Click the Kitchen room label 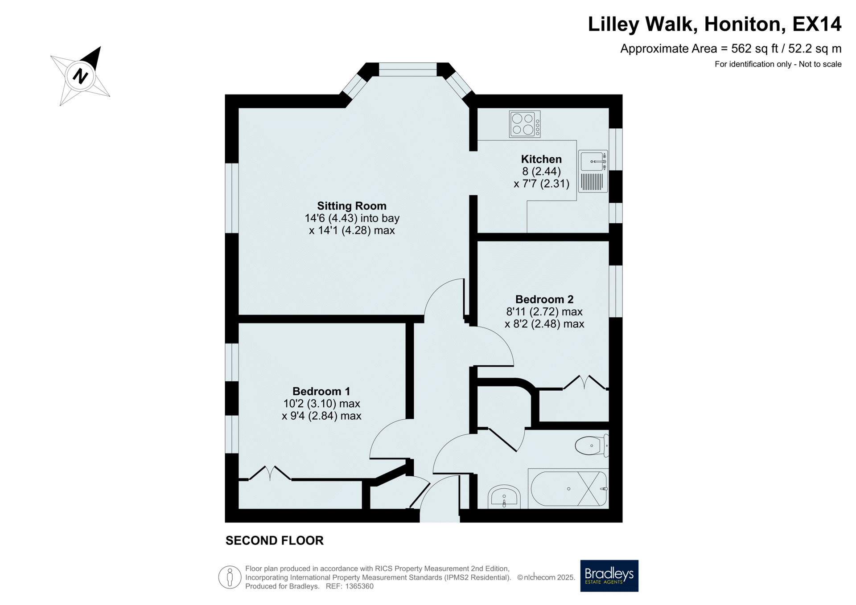(x=541, y=159)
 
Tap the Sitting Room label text (x=352, y=206)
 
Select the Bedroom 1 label (x=321, y=391)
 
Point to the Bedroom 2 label (x=544, y=299)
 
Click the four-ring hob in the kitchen (x=525, y=124)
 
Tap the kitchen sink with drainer (x=593, y=171)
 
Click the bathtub (x=568, y=488)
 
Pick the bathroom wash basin (x=504, y=497)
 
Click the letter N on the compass (x=80, y=76)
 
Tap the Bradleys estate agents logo (x=609, y=576)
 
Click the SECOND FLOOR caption (x=275, y=540)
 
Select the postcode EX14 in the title (x=817, y=24)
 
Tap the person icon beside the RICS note (x=230, y=577)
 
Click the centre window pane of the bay (x=407, y=69)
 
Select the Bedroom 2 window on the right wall (x=616, y=291)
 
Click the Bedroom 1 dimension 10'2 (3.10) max (x=321, y=404)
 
